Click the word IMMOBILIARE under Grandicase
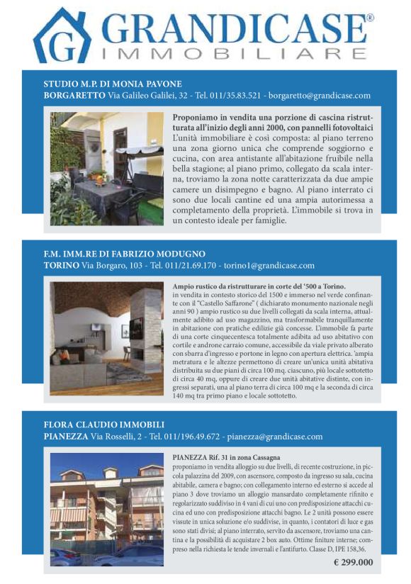pyautogui.click(x=234, y=54)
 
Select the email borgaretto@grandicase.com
pyautogui.click(x=320, y=96)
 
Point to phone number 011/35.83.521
pyautogui.click(x=229, y=96)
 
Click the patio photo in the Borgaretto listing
pyautogui.click(x=106, y=169)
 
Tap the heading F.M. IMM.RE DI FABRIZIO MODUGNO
pyautogui.click(x=124, y=254)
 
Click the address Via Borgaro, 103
pyautogui.click(x=112, y=266)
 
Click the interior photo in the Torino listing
pyautogui.click(x=106, y=338)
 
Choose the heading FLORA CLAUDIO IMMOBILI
pyautogui.click(x=104, y=425)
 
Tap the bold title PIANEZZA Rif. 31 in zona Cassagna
pyautogui.click(x=226, y=458)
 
